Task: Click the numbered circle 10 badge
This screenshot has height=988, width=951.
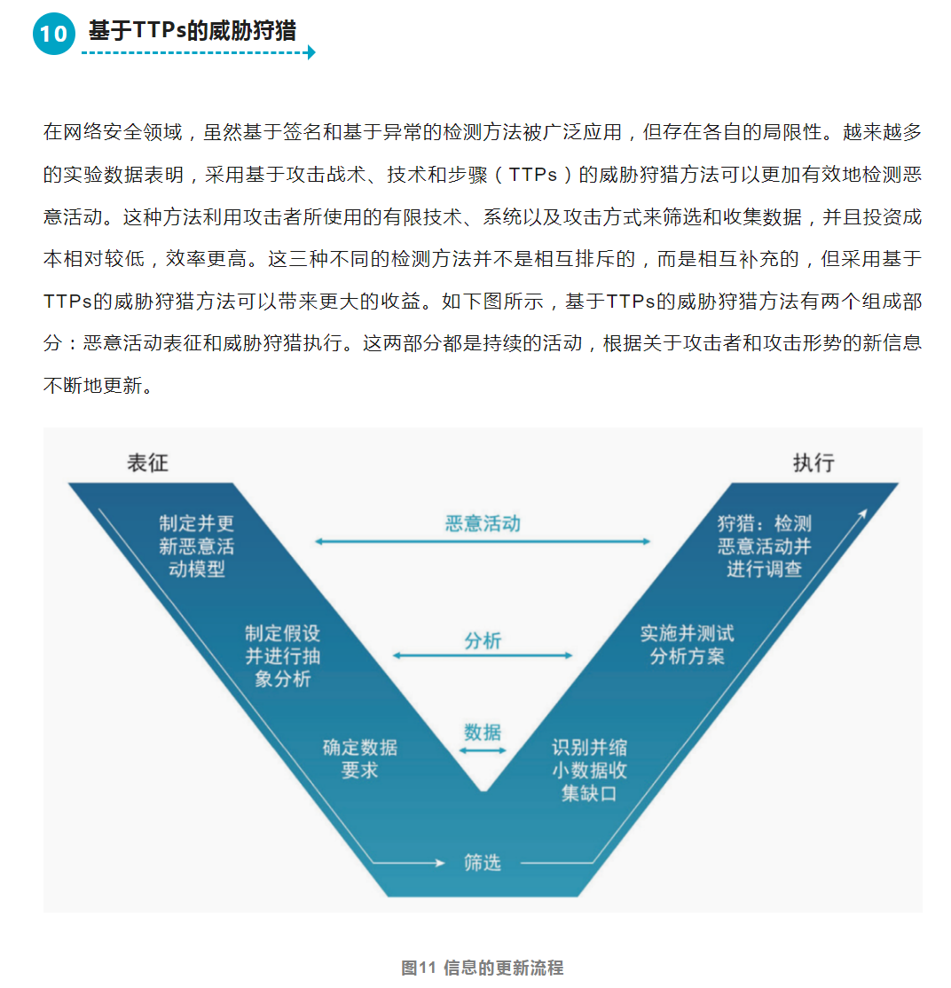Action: point(54,34)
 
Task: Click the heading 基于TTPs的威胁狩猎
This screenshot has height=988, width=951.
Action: point(193,31)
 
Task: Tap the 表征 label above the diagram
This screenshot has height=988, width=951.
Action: point(147,462)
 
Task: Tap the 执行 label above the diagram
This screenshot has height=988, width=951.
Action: point(813,462)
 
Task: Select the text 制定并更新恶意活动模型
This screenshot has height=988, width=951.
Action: point(196,546)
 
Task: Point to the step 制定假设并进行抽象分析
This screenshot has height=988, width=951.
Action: point(282,656)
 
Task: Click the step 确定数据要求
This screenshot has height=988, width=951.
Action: point(359,758)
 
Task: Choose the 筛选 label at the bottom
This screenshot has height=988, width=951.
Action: point(483,862)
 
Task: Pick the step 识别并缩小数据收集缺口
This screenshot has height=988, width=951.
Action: point(589,770)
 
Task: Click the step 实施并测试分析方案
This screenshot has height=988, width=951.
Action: point(687,645)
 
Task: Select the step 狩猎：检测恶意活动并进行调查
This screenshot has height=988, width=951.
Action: point(764,546)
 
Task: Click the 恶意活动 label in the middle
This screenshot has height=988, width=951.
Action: point(483,523)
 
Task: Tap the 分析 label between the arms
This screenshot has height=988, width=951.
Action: point(483,640)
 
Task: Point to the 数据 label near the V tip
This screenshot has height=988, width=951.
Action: point(483,733)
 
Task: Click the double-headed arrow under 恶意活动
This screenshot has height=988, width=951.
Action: point(483,541)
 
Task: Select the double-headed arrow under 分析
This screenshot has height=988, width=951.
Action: point(483,655)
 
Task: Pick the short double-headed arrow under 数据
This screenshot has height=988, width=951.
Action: point(483,750)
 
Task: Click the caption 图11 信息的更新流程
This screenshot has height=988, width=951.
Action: point(482,968)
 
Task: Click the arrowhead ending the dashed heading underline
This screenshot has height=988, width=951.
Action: point(310,52)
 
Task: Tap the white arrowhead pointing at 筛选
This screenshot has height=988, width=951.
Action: point(439,862)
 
